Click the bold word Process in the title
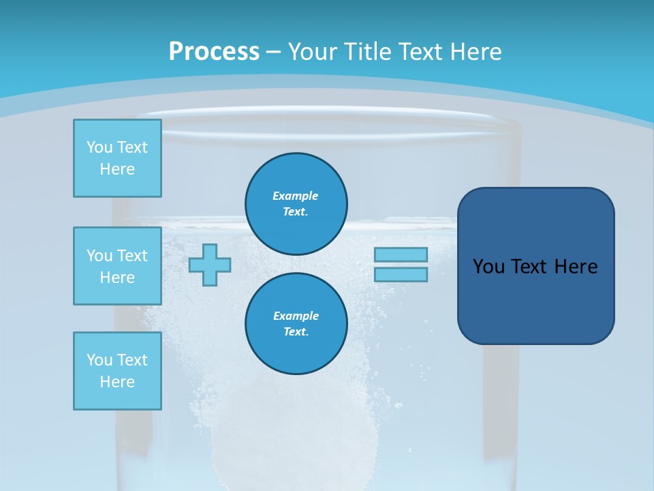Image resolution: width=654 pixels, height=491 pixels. (214, 51)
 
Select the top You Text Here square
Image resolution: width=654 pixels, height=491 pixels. (117, 158)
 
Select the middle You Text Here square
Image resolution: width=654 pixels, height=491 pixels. (117, 266)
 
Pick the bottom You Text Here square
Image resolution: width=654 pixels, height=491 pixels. (117, 371)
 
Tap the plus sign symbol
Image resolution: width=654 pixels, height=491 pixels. (209, 265)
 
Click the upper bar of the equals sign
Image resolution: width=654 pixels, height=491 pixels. (401, 255)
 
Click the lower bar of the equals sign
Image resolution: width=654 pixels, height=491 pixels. (401, 274)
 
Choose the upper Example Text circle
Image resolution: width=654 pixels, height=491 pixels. (296, 204)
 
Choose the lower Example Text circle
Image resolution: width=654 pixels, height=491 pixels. (296, 324)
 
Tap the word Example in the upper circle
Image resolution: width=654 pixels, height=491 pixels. (295, 196)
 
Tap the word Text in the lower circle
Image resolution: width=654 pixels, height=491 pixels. (295, 332)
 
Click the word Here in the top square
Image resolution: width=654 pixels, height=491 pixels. (117, 169)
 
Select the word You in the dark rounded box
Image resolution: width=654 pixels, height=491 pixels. (488, 267)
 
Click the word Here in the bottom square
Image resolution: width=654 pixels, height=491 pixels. (117, 382)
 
